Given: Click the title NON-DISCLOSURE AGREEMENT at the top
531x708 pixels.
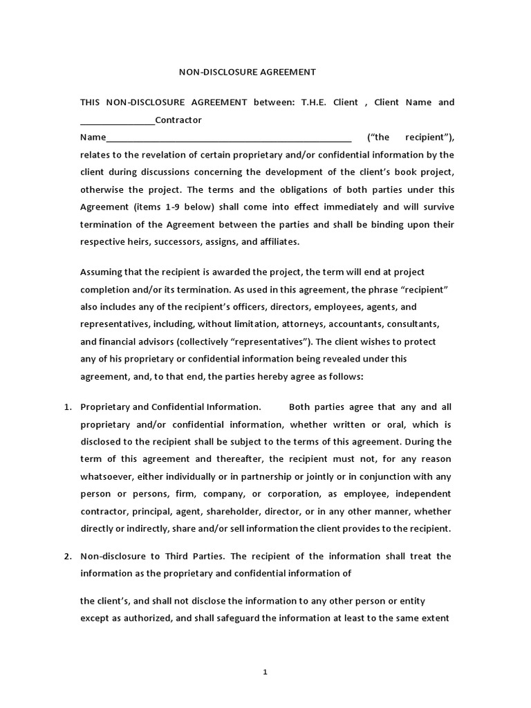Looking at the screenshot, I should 248,71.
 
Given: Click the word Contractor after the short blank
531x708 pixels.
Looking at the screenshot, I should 178,120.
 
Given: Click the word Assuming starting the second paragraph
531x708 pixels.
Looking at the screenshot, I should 101,272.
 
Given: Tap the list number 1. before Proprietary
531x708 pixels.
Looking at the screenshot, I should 68,407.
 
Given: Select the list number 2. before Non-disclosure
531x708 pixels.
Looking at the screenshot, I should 68,556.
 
